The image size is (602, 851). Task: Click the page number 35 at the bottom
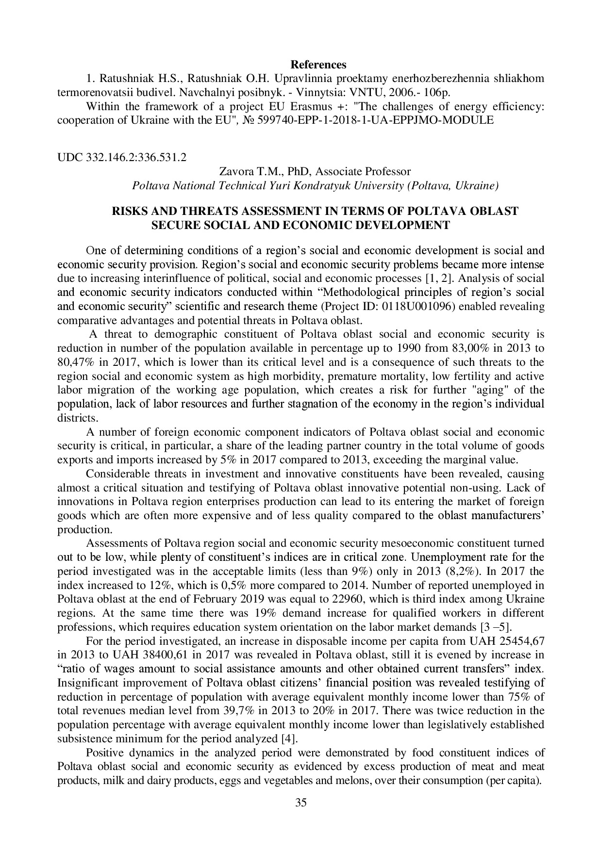[x=301, y=803]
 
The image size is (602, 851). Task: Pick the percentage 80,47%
[x=74, y=362]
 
